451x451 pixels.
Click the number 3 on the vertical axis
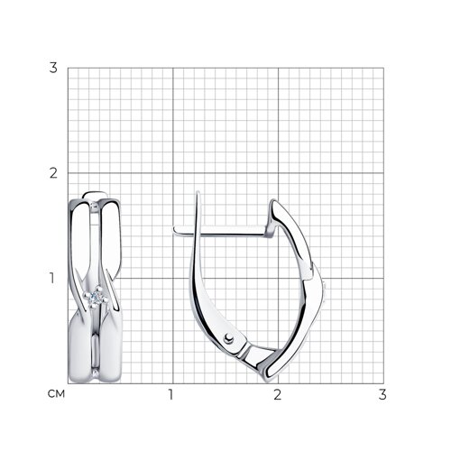click(x=53, y=68)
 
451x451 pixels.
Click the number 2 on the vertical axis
click(x=53, y=173)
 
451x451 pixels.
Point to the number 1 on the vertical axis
click(x=52, y=278)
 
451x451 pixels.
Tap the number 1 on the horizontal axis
click(x=170, y=394)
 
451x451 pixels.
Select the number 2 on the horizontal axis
click(x=277, y=394)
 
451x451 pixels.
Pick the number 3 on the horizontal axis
click(x=382, y=394)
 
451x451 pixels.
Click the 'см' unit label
click(x=56, y=393)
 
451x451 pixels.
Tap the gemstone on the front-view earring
click(x=97, y=297)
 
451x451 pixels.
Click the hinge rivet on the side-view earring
click(x=229, y=338)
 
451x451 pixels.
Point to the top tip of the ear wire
click(x=198, y=191)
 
